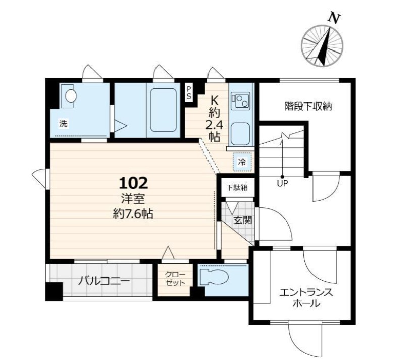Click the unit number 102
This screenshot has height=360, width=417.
133,183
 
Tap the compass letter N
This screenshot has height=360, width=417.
334,18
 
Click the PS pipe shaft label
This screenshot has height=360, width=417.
189,92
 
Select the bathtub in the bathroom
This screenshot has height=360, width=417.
163,110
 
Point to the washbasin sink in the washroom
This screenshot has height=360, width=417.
71,95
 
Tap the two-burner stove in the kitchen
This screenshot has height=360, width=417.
240,101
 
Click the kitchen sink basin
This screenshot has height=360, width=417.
240,134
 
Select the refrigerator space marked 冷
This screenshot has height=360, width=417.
242,162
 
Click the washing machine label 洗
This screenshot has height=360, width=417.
63,124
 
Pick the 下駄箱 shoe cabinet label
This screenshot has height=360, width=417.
237,188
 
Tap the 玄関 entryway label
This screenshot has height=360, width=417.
243,220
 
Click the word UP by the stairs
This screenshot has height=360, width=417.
282,183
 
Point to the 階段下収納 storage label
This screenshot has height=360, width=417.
308,107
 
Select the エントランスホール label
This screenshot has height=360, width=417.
306,298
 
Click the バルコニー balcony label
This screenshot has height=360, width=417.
104,280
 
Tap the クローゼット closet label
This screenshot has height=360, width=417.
175,279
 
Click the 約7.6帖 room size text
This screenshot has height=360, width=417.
133,214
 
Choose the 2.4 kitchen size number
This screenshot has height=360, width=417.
214,125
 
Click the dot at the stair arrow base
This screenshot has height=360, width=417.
282,177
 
